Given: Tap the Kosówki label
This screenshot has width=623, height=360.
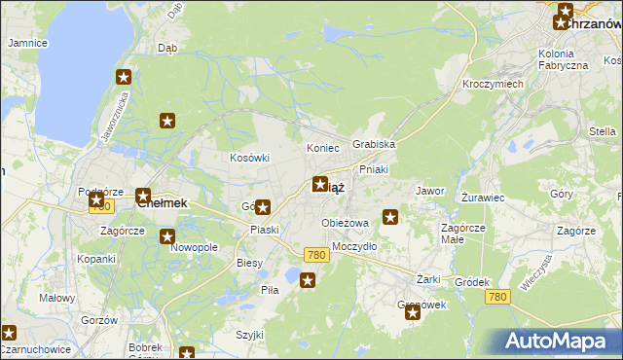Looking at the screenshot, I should (249, 157).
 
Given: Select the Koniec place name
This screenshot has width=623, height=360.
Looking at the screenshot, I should (322, 148).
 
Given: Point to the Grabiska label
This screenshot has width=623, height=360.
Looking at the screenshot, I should (374, 144).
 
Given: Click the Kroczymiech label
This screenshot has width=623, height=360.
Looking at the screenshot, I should (494, 84).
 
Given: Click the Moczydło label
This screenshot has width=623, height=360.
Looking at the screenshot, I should (354, 246).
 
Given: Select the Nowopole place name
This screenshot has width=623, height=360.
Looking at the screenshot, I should (194, 248).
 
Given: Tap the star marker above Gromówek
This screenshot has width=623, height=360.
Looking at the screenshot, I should (413, 312).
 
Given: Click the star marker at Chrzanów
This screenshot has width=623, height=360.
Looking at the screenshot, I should (564, 20).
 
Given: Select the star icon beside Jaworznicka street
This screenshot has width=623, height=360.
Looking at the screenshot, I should (124, 78).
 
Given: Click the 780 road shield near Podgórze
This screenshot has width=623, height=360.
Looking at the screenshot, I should (98, 206).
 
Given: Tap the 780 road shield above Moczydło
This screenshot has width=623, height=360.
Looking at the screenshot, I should (314, 254).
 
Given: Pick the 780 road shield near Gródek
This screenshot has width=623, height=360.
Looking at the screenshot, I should (497, 297).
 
